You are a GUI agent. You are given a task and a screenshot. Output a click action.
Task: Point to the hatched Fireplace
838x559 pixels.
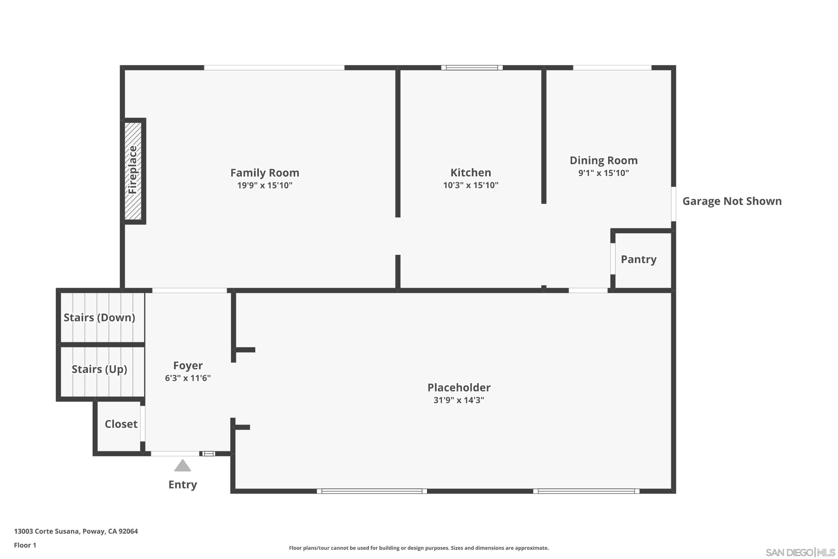coord(133,171)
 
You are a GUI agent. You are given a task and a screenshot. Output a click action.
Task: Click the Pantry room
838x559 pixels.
coord(638,259)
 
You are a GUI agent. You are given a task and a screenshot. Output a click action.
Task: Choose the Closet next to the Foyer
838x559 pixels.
coord(121,424)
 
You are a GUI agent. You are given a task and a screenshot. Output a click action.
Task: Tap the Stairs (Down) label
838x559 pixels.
coord(99,317)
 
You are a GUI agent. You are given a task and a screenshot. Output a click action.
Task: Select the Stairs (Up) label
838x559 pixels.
coord(99,369)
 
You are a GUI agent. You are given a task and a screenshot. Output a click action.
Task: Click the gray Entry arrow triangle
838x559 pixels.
coord(183,466)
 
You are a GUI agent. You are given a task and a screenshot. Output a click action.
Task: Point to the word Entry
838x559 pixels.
coord(183,484)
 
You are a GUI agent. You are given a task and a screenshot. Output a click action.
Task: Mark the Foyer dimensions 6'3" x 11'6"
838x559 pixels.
coord(188,378)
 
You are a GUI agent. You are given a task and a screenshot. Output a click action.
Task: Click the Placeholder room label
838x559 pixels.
coord(459,387)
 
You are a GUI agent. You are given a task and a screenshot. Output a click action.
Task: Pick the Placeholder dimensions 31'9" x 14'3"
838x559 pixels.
coord(459,400)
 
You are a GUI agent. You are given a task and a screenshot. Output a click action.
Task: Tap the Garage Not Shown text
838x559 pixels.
coord(732,201)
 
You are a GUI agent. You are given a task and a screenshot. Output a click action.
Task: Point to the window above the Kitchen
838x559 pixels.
coord(472,68)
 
